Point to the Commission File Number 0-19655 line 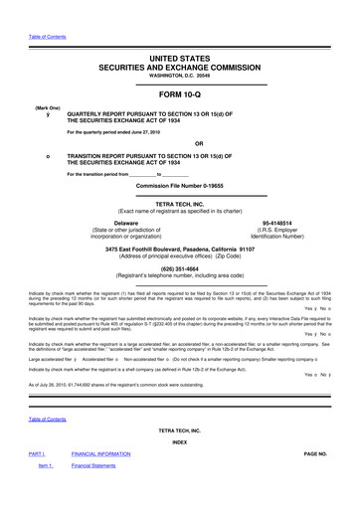[x=180, y=187]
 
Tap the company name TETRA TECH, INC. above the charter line [x=180, y=205]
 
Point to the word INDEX [x=180, y=469]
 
